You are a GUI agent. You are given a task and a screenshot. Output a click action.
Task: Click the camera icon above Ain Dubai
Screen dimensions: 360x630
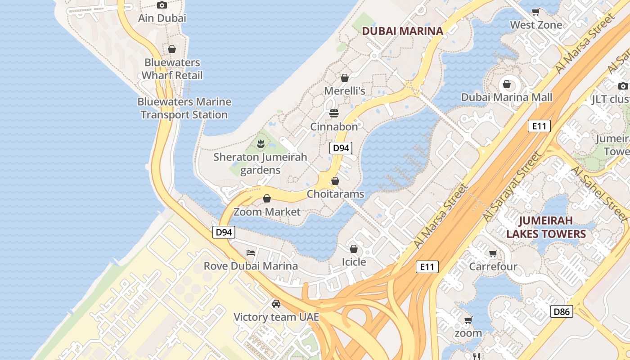click(x=162, y=5)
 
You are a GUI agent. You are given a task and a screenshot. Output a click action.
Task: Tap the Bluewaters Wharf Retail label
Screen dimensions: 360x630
click(x=172, y=69)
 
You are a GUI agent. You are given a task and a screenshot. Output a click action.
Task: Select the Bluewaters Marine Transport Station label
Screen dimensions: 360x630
click(x=184, y=108)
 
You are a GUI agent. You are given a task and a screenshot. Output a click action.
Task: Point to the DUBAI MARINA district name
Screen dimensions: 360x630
click(x=402, y=31)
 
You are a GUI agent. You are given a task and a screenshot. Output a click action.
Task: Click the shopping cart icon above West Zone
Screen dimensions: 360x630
click(x=535, y=12)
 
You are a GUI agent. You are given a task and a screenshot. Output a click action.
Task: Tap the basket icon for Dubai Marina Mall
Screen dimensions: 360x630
click(x=507, y=84)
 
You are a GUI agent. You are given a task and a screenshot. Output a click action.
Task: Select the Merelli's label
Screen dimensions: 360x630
click(x=345, y=91)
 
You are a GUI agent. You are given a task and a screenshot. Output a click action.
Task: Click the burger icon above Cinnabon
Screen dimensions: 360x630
click(x=333, y=113)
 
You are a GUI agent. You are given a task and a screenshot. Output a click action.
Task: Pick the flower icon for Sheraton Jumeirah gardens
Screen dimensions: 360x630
click(x=260, y=144)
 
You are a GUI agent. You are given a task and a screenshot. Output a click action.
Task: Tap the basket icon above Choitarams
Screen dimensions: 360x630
click(x=335, y=181)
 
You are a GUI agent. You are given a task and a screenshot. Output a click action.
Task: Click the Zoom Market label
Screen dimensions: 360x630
click(x=267, y=211)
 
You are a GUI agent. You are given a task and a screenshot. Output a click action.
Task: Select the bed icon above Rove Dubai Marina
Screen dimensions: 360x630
click(x=251, y=253)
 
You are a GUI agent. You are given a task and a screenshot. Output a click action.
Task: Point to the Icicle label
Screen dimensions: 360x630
click(x=354, y=262)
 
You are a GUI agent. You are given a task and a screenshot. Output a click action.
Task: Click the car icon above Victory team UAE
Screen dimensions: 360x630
click(x=276, y=304)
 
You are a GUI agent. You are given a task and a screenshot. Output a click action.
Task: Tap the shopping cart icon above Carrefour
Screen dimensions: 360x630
click(x=493, y=254)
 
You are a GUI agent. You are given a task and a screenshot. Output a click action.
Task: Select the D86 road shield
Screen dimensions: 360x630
click(x=562, y=311)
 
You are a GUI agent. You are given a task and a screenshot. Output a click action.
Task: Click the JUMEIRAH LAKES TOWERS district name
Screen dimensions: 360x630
click(x=546, y=227)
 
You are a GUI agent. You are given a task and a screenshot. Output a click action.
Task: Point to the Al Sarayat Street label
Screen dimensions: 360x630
click(x=511, y=186)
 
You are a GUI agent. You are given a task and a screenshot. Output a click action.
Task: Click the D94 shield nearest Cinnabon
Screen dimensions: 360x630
click(x=340, y=148)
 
